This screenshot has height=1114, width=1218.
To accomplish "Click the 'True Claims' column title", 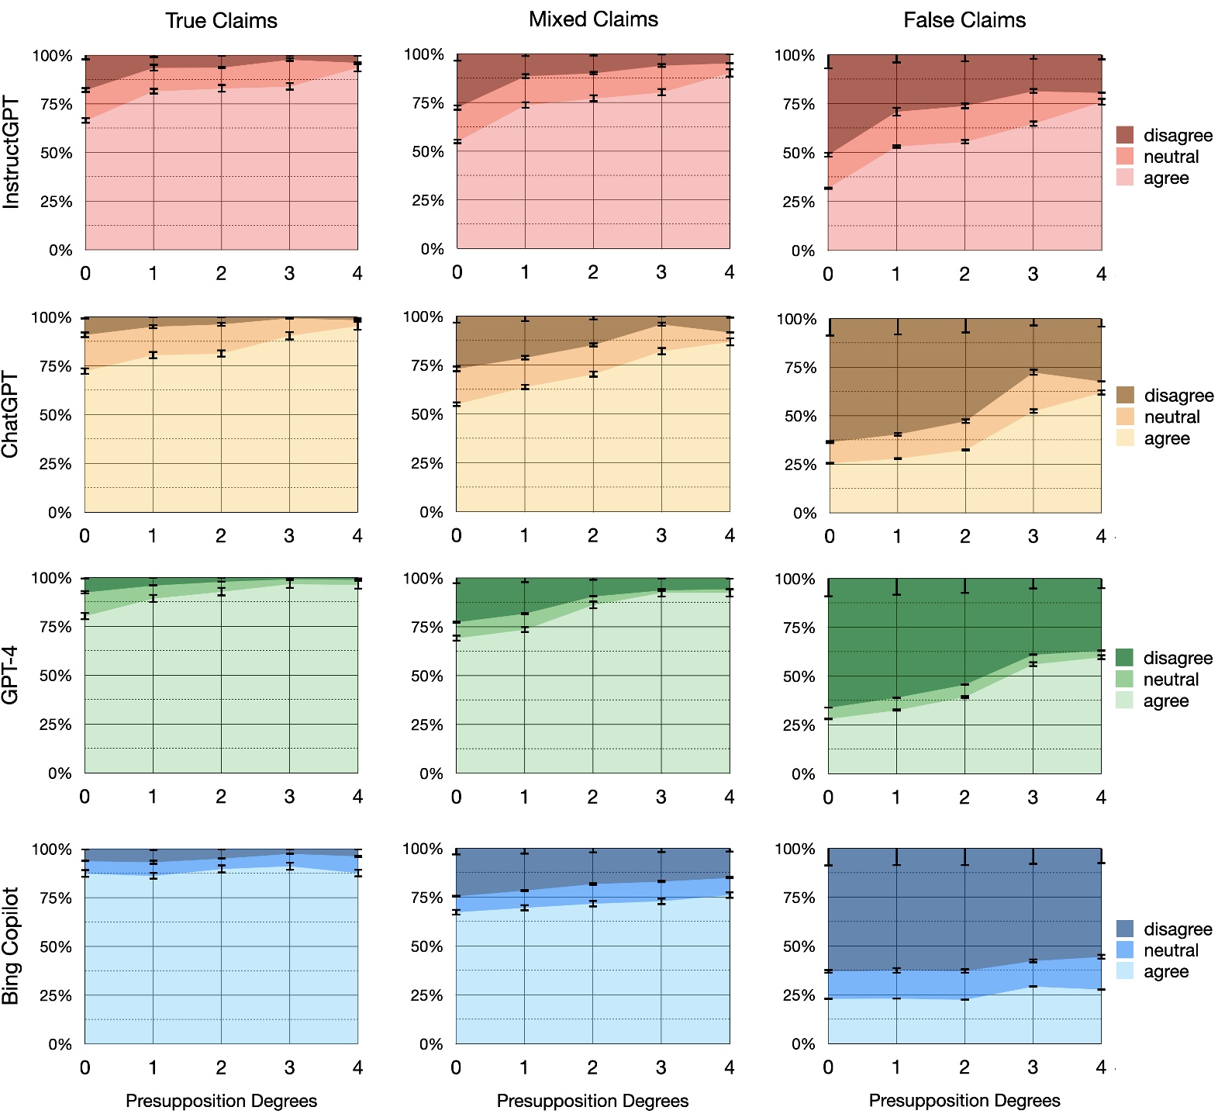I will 221,21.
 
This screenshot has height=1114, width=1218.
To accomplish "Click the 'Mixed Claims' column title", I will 593,19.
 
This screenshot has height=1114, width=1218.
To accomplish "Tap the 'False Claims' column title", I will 964,20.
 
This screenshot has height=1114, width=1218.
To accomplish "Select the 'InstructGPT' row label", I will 12,152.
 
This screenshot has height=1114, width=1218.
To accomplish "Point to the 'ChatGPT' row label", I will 11,414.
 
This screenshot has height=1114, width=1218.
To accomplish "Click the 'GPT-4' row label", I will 11,675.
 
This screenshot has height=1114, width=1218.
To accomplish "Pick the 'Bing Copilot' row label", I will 11,946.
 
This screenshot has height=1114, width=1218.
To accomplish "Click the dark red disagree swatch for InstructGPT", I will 1125,135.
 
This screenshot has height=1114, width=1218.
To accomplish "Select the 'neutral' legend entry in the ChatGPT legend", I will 1171,417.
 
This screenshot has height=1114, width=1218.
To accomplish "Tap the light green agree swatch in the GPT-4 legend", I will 1124,701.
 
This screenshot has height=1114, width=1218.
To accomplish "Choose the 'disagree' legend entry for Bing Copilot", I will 1178,929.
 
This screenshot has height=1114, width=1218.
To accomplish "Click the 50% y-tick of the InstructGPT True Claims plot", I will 56,153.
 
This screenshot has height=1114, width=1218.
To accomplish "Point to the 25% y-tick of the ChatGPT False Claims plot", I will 800,465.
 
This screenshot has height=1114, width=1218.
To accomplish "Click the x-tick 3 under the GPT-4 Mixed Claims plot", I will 661,797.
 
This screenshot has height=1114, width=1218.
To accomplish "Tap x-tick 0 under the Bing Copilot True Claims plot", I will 85,1067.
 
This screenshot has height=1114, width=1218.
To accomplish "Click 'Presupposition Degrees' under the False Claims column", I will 964,1100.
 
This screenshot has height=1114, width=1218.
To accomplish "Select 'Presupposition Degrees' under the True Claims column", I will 221,1100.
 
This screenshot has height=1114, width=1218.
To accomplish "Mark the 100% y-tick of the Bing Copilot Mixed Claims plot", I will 423,849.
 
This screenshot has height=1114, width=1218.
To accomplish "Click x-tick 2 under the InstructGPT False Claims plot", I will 964,274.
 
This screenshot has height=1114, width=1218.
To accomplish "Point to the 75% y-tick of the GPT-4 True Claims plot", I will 56,627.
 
